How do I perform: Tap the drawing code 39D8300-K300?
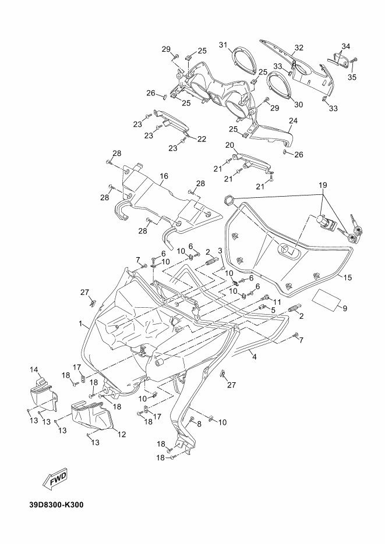56,504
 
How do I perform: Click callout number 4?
255,356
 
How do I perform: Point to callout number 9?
345,308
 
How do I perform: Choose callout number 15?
348,278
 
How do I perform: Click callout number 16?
164,176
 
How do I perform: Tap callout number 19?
323,185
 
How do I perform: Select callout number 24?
294,121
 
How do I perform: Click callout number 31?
223,45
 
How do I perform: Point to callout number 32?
299,48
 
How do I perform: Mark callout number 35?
352,77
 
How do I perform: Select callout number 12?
122,434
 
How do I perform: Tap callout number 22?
202,139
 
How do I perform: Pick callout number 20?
229,145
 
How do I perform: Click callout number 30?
299,104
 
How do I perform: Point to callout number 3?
220,251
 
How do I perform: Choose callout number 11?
277,301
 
